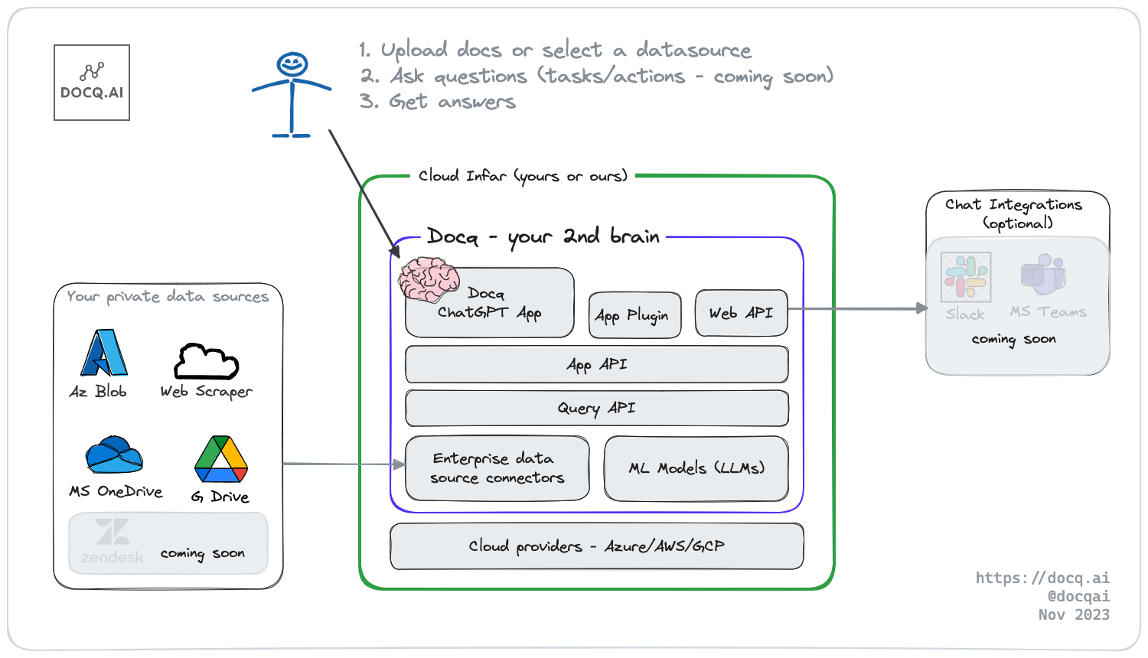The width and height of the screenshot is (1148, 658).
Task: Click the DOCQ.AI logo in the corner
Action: (x=92, y=83)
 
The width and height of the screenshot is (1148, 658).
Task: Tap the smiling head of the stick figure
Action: (x=292, y=64)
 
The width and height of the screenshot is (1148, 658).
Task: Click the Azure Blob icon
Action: (x=104, y=353)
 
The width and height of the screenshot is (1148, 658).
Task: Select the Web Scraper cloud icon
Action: (x=206, y=362)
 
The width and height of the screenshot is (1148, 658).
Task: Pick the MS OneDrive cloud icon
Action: (x=114, y=455)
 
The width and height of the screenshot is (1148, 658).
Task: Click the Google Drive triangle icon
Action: (x=221, y=458)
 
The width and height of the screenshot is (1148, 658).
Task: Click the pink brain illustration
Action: (x=429, y=279)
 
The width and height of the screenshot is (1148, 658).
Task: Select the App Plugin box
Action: (x=634, y=314)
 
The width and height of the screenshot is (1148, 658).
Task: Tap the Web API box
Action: (x=741, y=313)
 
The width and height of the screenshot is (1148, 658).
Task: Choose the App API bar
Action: (x=596, y=364)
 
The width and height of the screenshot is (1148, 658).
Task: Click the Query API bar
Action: (x=596, y=408)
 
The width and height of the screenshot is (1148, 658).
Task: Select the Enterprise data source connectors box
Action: (x=497, y=467)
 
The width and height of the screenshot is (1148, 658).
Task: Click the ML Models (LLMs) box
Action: (x=696, y=467)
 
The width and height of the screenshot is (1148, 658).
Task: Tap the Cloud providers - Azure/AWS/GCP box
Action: (x=596, y=546)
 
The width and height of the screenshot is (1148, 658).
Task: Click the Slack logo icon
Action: (x=966, y=277)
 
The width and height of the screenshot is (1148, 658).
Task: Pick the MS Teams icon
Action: (x=1043, y=275)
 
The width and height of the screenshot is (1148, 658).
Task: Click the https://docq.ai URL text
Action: (x=1042, y=578)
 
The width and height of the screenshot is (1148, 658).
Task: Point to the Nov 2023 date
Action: (x=1074, y=614)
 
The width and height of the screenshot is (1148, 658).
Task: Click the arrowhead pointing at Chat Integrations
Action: (x=922, y=308)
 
